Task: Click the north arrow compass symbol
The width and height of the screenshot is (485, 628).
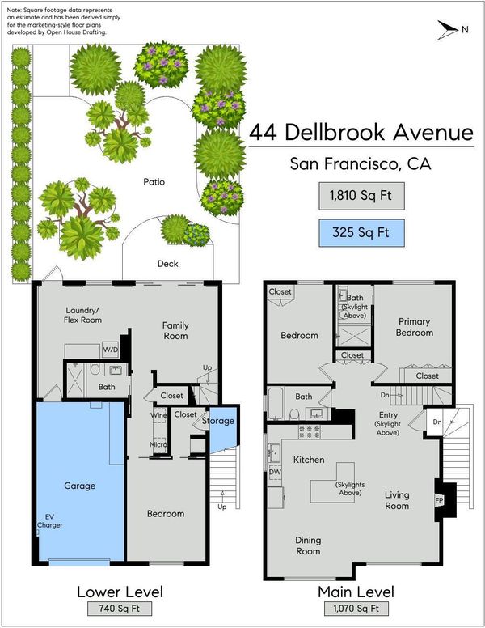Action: (448, 30)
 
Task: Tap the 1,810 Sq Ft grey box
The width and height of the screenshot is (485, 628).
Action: (361, 196)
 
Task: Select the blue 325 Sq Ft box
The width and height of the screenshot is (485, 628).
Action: (361, 233)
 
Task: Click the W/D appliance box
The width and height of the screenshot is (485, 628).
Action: (111, 350)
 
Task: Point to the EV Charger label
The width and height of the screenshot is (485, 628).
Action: (49, 521)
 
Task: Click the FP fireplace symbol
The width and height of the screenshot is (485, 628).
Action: (439, 500)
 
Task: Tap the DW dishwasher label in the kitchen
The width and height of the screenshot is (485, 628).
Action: (275, 472)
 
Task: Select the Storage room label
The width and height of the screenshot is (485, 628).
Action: (218, 421)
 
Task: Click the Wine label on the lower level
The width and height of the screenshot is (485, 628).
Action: (159, 415)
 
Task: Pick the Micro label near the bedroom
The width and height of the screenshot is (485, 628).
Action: (158, 444)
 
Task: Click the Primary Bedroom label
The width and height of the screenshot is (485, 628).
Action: (415, 327)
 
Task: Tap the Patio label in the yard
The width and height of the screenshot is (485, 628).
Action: (154, 182)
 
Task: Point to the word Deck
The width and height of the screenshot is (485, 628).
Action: (168, 264)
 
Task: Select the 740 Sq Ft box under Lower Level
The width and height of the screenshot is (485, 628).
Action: (120, 609)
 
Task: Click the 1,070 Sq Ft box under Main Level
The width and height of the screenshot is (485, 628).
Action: (356, 609)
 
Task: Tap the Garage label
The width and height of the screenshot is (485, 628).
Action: (80, 486)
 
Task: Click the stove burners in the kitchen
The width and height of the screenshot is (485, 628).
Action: (310, 431)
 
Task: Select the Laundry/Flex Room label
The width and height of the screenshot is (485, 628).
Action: (82, 315)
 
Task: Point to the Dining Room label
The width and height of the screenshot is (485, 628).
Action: (308, 545)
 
